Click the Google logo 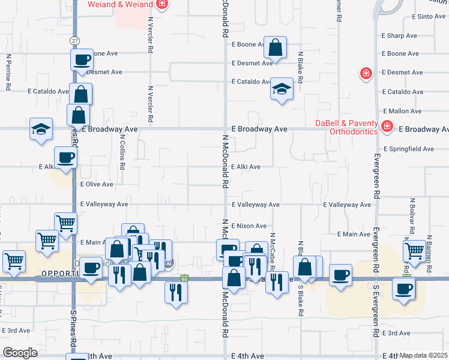20,353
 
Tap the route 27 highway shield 74,40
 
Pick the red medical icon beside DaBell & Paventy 387,126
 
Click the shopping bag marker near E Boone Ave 275,47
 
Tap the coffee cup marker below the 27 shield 82,59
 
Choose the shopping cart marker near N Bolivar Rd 414,251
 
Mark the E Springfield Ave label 408,149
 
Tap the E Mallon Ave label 402,111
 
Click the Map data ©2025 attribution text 423,355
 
